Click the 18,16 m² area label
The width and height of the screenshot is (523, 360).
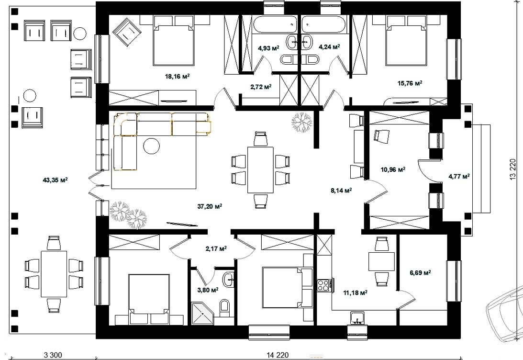(x=177, y=77)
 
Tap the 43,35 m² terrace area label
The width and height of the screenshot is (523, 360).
(x=56, y=180)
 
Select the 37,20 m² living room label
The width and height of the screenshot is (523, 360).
(x=210, y=206)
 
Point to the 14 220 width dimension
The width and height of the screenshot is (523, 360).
(x=278, y=355)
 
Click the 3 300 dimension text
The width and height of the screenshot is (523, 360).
(x=53, y=355)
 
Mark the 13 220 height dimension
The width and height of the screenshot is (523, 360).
(x=513, y=169)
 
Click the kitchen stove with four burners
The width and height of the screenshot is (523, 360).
(x=323, y=285)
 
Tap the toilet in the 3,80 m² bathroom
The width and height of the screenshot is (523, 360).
(x=224, y=308)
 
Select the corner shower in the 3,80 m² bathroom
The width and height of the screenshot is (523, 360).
(x=202, y=313)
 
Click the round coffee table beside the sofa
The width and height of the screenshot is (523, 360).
(x=151, y=146)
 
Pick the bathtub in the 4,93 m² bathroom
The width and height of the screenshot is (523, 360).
(x=274, y=24)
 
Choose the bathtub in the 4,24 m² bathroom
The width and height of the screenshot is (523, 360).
(x=323, y=24)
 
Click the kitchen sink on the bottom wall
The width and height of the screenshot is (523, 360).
(x=357, y=318)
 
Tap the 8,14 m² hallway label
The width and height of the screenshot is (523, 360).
(x=341, y=191)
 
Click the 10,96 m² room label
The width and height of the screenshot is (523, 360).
(x=393, y=169)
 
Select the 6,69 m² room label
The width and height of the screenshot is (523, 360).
(x=420, y=273)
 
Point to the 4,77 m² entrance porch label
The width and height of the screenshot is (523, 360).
(x=459, y=176)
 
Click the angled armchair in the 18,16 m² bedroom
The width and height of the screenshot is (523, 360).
(x=127, y=32)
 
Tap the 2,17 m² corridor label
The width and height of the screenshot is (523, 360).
(x=216, y=248)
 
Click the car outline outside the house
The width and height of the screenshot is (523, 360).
(x=505, y=315)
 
